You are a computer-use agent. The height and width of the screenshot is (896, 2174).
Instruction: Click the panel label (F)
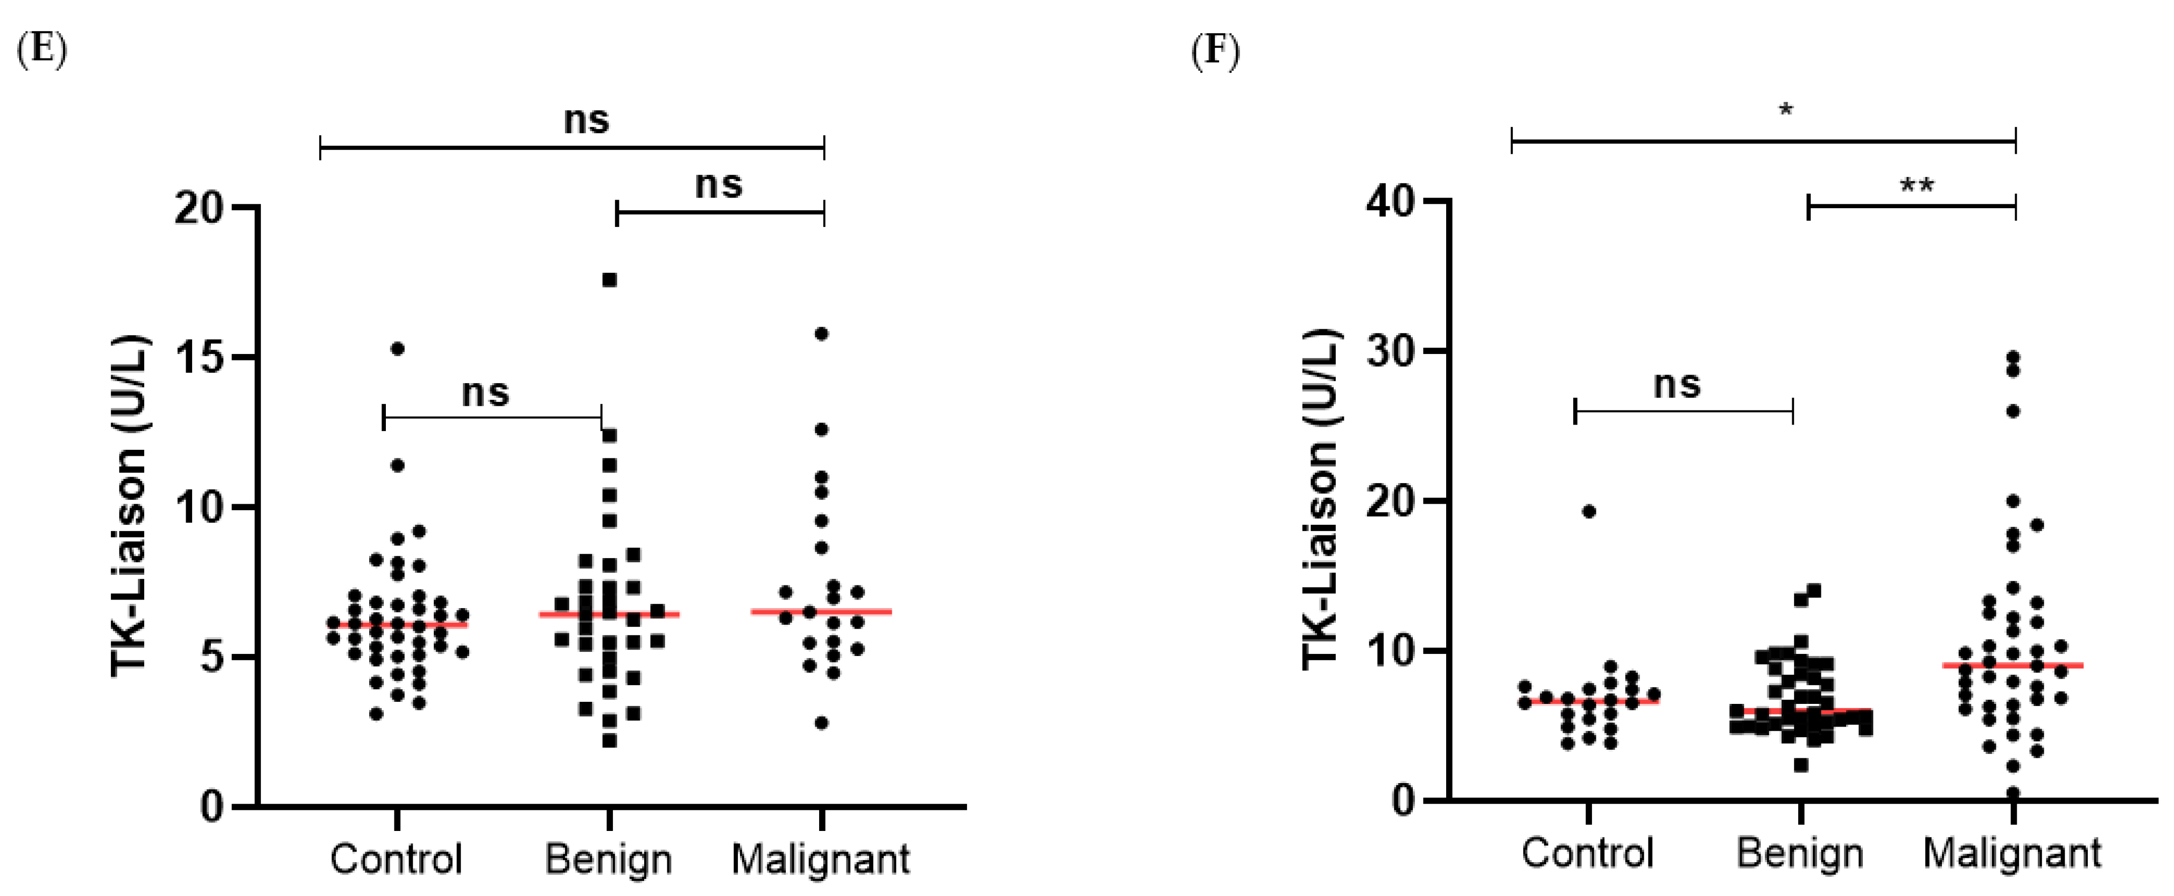pyautogui.click(x=1215, y=50)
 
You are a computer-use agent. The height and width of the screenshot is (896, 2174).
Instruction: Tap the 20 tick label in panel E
pyautogui.click(x=199, y=208)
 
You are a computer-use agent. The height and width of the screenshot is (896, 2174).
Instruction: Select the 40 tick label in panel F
pyautogui.click(x=1391, y=203)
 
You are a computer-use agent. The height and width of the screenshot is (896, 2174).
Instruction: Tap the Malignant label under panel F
pyautogui.click(x=2012, y=854)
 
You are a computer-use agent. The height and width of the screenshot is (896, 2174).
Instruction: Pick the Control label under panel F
pyautogui.click(x=1587, y=854)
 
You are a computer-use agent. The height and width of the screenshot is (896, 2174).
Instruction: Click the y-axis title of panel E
pyautogui.click(x=129, y=506)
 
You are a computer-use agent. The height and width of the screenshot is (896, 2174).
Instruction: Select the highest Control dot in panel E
pyautogui.click(x=396, y=348)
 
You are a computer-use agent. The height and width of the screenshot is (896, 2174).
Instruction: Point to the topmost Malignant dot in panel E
pyautogui.click(x=821, y=333)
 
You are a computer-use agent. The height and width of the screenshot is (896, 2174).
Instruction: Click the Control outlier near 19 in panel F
pyautogui.click(x=1588, y=511)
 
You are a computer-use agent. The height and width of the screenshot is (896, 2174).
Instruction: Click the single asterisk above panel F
pyautogui.click(x=1785, y=110)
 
